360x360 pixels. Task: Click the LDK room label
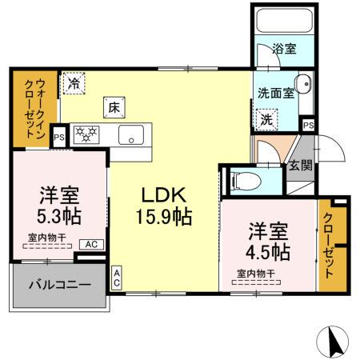tap(164, 194)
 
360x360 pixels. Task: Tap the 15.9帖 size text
tap(165, 216)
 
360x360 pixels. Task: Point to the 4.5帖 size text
tap(267, 250)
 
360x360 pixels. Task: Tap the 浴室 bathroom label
tap(283, 49)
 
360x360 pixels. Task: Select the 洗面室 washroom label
tap(276, 91)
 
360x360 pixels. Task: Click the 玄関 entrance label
tap(300, 166)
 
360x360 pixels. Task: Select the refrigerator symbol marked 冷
tap(74, 82)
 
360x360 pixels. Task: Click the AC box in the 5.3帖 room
tap(90, 244)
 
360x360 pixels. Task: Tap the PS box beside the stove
tap(58, 137)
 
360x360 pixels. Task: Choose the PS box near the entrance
tap(308, 125)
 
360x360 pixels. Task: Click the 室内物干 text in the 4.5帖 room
tap(256, 274)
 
